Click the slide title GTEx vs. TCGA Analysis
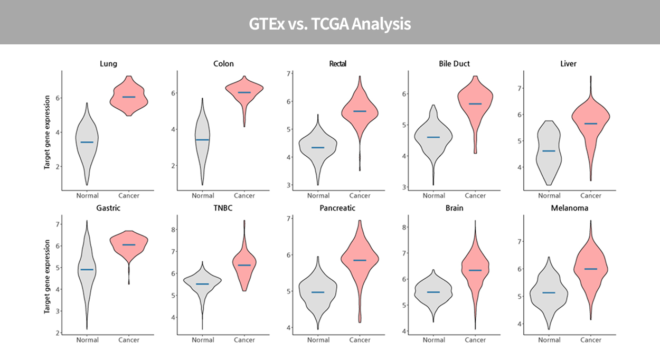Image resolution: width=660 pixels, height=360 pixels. [x=330, y=24]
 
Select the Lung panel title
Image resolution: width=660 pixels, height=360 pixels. [x=108, y=64]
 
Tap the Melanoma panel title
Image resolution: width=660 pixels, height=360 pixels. [x=569, y=208]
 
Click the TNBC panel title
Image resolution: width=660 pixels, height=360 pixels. [x=223, y=208]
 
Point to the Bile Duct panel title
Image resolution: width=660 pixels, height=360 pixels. [x=454, y=64]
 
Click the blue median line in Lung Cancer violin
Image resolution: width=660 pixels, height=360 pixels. [x=129, y=97]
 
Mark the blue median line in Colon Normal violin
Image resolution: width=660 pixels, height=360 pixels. [x=203, y=139]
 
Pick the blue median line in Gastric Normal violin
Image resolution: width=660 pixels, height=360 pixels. [x=87, y=269]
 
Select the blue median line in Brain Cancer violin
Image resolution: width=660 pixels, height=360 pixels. [x=475, y=270]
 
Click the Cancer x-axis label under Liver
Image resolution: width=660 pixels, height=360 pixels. [x=590, y=196]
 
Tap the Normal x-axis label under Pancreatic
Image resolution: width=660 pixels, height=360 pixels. [x=318, y=340]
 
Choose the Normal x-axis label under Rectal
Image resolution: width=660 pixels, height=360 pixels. [x=318, y=196]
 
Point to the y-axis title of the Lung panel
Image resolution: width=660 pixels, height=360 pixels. [x=47, y=132]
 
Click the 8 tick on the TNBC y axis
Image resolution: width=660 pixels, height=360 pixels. [x=172, y=230]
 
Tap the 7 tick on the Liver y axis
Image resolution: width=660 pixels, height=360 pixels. [x=518, y=88]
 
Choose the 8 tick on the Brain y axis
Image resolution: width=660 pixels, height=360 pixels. [x=403, y=228]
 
